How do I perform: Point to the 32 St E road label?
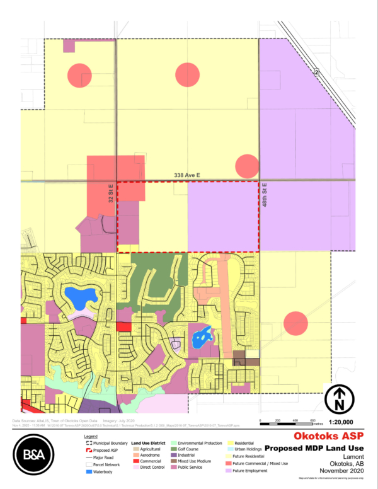[x=110, y=193]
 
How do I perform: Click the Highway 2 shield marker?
[x=317, y=73]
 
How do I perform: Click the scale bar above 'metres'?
[x=286, y=418]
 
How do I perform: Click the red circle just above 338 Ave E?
[x=246, y=166]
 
